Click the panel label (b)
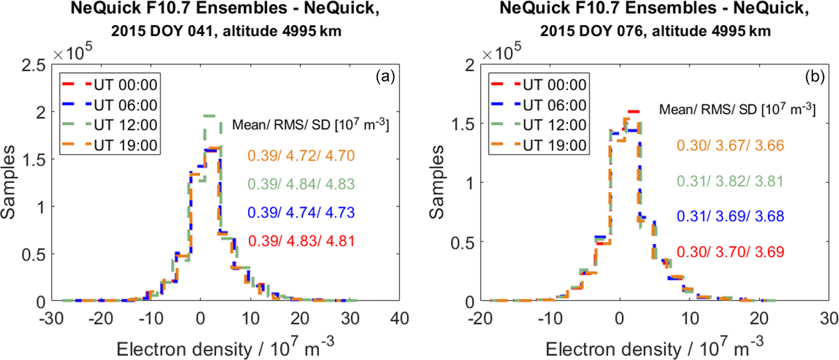[813, 78]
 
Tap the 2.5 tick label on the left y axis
[34, 65]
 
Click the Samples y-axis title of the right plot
[443, 183]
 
